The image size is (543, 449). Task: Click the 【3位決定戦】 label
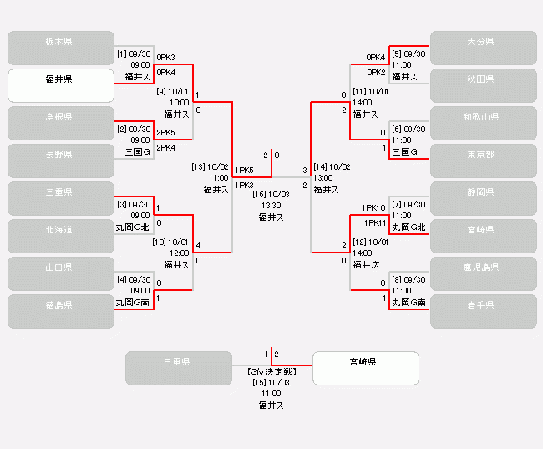(x=271, y=370)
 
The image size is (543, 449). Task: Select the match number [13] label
(x=199, y=166)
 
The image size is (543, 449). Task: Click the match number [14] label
(x=319, y=166)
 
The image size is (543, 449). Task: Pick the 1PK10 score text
(x=373, y=207)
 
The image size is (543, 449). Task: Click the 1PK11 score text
(x=373, y=223)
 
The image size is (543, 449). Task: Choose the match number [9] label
(x=162, y=91)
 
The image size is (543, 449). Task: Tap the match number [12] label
(x=360, y=242)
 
